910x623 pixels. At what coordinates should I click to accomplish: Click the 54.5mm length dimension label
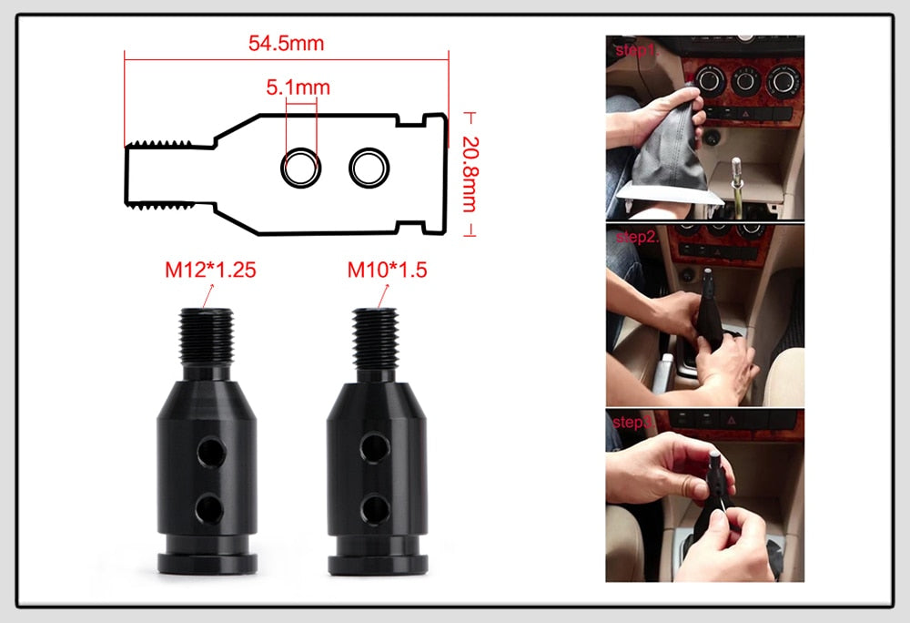point(286,43)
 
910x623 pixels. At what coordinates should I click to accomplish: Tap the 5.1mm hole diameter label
point(298,88)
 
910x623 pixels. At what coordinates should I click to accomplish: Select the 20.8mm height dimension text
point(469,174)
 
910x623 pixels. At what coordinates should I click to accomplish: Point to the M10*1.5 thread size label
point(387,270)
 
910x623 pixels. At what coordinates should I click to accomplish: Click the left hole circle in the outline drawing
point(300,168)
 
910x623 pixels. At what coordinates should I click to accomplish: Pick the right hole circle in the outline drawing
point(369,167)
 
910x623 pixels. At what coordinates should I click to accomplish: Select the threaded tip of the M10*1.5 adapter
point(374,338)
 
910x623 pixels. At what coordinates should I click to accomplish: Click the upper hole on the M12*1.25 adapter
point(211,448)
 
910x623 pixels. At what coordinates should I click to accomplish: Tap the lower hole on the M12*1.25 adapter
point(210,506)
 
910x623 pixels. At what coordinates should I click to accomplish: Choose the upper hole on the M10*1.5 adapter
point(376,446)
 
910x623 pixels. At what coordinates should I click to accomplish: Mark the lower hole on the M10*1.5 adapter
point(376,506)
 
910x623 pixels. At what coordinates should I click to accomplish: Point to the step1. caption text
point(635,50)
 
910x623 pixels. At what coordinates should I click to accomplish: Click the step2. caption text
point(635,237)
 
